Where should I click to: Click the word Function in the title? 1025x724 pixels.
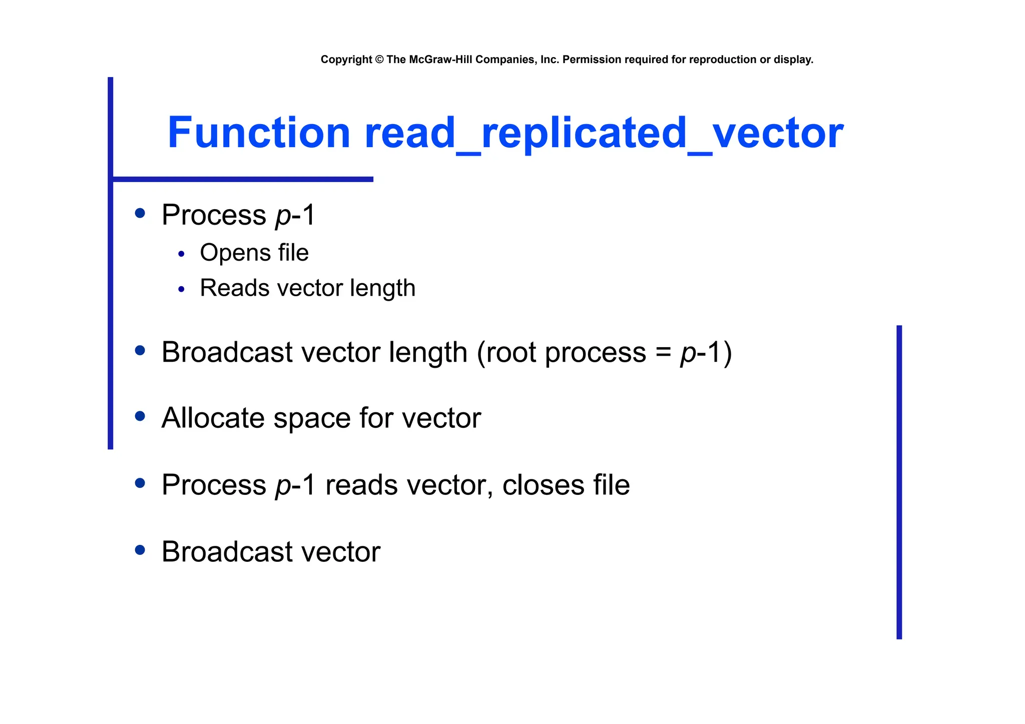(x=258, y=133)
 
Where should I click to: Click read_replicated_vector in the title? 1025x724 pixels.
(x=604, y=134)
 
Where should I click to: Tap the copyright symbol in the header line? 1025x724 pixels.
(x=379, y=60)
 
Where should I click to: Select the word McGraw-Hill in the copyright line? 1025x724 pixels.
(x=440, y=60)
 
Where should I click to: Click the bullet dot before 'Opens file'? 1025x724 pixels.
(x=181, y=254)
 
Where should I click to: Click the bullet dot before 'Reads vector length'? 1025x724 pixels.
(x=181, y=289)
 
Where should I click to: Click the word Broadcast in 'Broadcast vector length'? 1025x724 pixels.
(x=227, y=352)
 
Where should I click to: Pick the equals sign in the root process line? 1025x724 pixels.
(x=663, y=353)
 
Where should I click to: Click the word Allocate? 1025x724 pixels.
(x=213, y=418)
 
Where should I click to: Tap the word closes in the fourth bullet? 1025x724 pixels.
(x=543, y=485)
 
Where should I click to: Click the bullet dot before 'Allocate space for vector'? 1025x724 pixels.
(x=140, y=416)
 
